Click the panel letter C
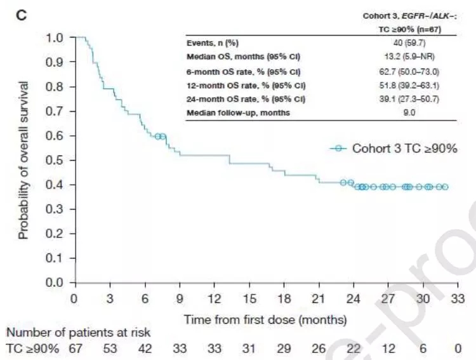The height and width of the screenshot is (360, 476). click(21, 15)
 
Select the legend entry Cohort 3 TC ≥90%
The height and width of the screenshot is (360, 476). click(393, 149)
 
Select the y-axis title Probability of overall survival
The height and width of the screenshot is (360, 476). click(24, 160)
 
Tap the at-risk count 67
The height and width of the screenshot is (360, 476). click(76, 348)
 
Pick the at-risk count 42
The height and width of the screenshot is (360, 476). click(145, 348)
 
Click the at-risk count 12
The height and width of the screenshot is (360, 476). click(388, 348)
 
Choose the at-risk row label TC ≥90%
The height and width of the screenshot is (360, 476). click(32, 348)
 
